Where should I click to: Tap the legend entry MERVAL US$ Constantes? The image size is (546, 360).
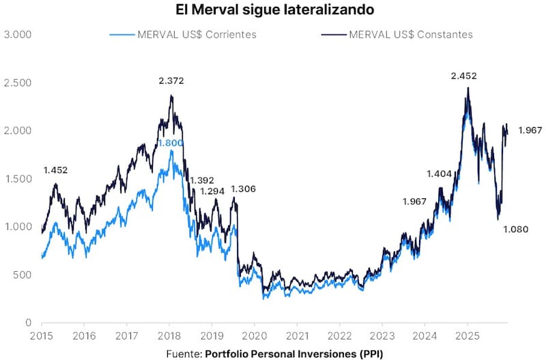pyautogui.click(x=410, y=34)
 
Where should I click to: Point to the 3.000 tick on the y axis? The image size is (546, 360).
pyautogui.click(x=18, y=34)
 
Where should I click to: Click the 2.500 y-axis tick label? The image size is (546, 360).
pyautogui.click(x=18, y=83)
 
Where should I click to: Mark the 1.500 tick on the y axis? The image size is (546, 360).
pyautogui.click(x=18, y=178)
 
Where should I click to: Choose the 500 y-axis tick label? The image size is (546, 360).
pyautogui.click(x=23, y=275)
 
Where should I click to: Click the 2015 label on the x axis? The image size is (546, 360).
pyautogui.click(x=41, y=336)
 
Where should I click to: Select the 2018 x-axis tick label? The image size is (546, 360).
pyautogui.click(x=169, y=336)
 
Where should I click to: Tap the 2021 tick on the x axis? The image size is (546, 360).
pyautogui.click(x=297, y=336)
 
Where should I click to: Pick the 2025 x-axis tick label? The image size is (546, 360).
pyautogui.click(x=468, y=336)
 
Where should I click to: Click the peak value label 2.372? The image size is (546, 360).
pyautogui.click(x=171, y=81)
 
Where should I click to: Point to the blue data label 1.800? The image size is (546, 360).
pyautogui.click(x=171, y=143)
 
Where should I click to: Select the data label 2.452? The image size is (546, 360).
pyautogui.click(x=464, y=76)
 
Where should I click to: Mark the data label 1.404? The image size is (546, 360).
pyautogui.click(x=440, y=174)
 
